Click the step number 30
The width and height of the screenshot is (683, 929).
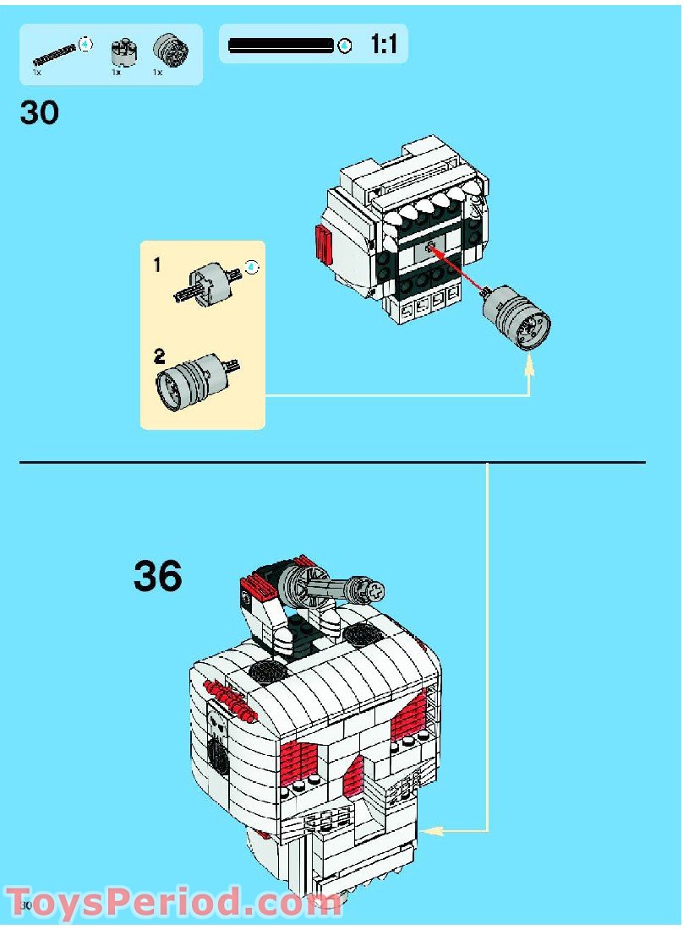coord(40,111)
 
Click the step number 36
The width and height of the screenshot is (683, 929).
coord(157,577)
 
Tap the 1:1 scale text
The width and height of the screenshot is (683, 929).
coord(384,45)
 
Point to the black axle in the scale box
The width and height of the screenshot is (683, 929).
coord(281,46)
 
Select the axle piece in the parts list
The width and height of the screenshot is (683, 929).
coord(55,53)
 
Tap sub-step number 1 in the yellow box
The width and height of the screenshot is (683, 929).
coord(157,265)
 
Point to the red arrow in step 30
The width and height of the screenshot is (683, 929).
coord(461,270)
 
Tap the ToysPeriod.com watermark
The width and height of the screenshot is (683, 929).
coord(173,902)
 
